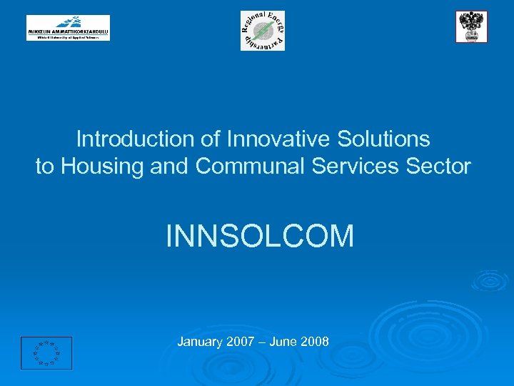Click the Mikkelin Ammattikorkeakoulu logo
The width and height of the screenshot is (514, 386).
point(69,28)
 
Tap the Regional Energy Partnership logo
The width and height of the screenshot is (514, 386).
point(262,31)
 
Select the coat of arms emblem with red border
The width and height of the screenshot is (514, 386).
point(471,27)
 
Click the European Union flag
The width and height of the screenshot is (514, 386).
point(46,352)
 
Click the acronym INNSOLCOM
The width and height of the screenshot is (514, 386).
point(260,236)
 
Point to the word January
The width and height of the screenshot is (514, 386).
point(199,342)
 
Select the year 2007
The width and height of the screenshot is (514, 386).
point(241,342)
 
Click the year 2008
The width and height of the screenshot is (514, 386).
point(315,342)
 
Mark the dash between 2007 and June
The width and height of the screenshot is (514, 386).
point(262,342)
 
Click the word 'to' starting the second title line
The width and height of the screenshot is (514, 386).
point(45,167)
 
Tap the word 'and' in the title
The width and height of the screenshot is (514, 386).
point(171,167)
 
